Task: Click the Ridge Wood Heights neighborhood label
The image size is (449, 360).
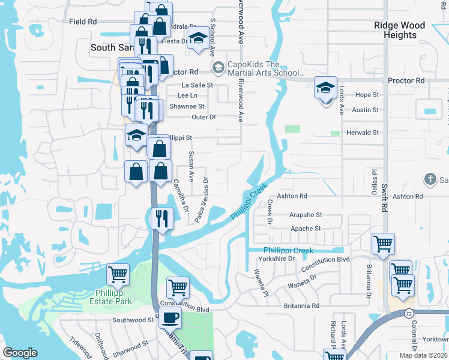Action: pyautogui.click(x=399, y=30)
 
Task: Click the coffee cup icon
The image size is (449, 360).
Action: pyautogui.click(x=170, y=318)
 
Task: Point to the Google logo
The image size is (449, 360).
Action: pyautogui.click(x=20, y=353)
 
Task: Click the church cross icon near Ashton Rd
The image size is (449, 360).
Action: pyautogui.click(x=430, y=179)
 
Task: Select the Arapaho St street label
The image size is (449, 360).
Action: pyautogui.click(x=306, y=215)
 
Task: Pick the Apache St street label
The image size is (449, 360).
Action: pyautogui.click(x=306, y=229)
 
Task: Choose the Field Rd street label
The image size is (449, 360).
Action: pyautogui.click(x=83, y=22)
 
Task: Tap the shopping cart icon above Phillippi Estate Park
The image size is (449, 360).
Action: pyautogui.click(x=118, y=275)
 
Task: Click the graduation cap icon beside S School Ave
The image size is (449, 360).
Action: pyautogui.click(x=197, y=40)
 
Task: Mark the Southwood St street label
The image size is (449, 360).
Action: pyautogui.click(x=133, y=320)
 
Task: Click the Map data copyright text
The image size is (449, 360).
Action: pyautogui.click(x=425, y=355)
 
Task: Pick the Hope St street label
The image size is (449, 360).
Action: pyautogui.click(x=367, y=95)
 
